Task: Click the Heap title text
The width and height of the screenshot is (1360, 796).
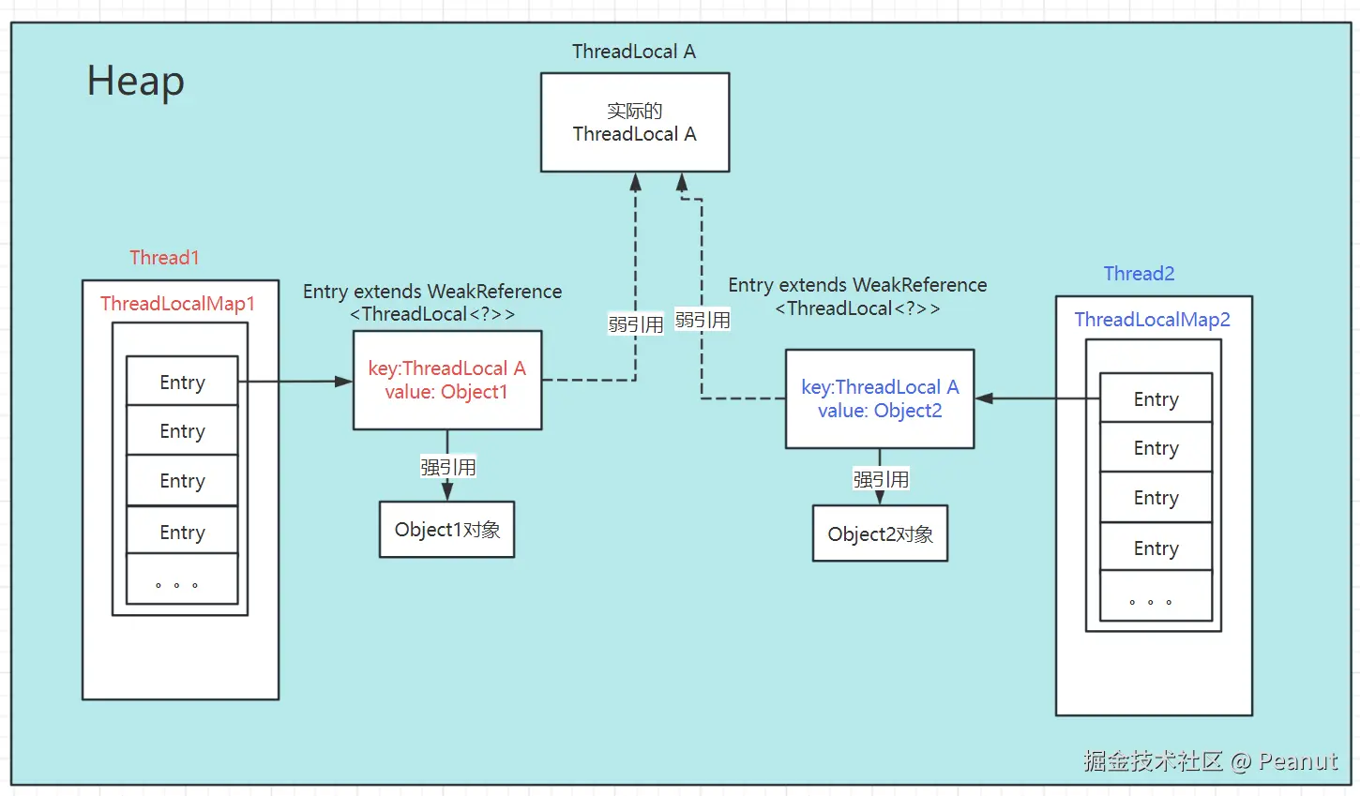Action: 135,82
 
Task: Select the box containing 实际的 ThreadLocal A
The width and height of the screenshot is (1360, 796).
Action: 635,123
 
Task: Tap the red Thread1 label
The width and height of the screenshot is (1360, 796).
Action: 164,258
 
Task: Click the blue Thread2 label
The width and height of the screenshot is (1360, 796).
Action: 1139,274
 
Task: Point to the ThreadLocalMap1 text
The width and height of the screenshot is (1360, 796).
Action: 177,304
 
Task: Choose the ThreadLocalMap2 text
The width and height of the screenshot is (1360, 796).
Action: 1152,320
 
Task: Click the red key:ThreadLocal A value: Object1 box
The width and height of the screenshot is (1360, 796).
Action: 447,381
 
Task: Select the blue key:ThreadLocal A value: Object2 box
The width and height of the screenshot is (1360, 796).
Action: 880,399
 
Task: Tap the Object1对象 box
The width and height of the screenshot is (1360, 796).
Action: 447,530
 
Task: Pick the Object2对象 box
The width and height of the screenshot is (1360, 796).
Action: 880,534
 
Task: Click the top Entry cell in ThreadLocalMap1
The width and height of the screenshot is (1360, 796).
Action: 182,382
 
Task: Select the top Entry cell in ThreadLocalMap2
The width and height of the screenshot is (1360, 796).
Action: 1156,399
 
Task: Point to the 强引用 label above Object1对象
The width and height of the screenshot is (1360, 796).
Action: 447,467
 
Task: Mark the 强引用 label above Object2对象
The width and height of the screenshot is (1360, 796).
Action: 880,480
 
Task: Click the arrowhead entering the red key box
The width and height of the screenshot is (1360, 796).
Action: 344,382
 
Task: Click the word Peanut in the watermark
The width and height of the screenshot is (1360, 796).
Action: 1298,761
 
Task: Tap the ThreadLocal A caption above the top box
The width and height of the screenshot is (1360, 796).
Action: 634,52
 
